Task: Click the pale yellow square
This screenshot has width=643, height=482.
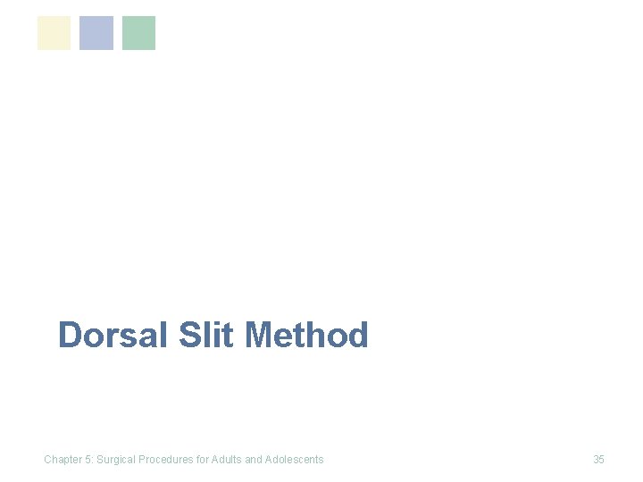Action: (54, 33)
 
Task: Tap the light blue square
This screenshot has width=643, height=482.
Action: (96, 33)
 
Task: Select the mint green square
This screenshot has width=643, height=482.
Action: (138, 33)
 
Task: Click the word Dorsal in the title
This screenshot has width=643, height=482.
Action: (113, 336)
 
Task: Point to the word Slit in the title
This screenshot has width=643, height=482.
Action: (206, 336)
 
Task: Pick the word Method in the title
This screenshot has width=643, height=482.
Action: (305, 336)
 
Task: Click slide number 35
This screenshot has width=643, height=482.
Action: (598, 460)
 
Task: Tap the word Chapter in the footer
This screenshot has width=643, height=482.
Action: (63, 460)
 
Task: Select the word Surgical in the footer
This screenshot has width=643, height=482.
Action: (117, 460)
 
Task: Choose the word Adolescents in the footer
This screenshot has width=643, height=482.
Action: (295, 460)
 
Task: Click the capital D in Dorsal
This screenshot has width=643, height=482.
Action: (69, 336)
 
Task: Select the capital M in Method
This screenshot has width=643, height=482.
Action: (258, 336)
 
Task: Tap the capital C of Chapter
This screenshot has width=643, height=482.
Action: (48, 460)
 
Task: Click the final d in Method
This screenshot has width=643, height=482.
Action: (357, 336)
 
